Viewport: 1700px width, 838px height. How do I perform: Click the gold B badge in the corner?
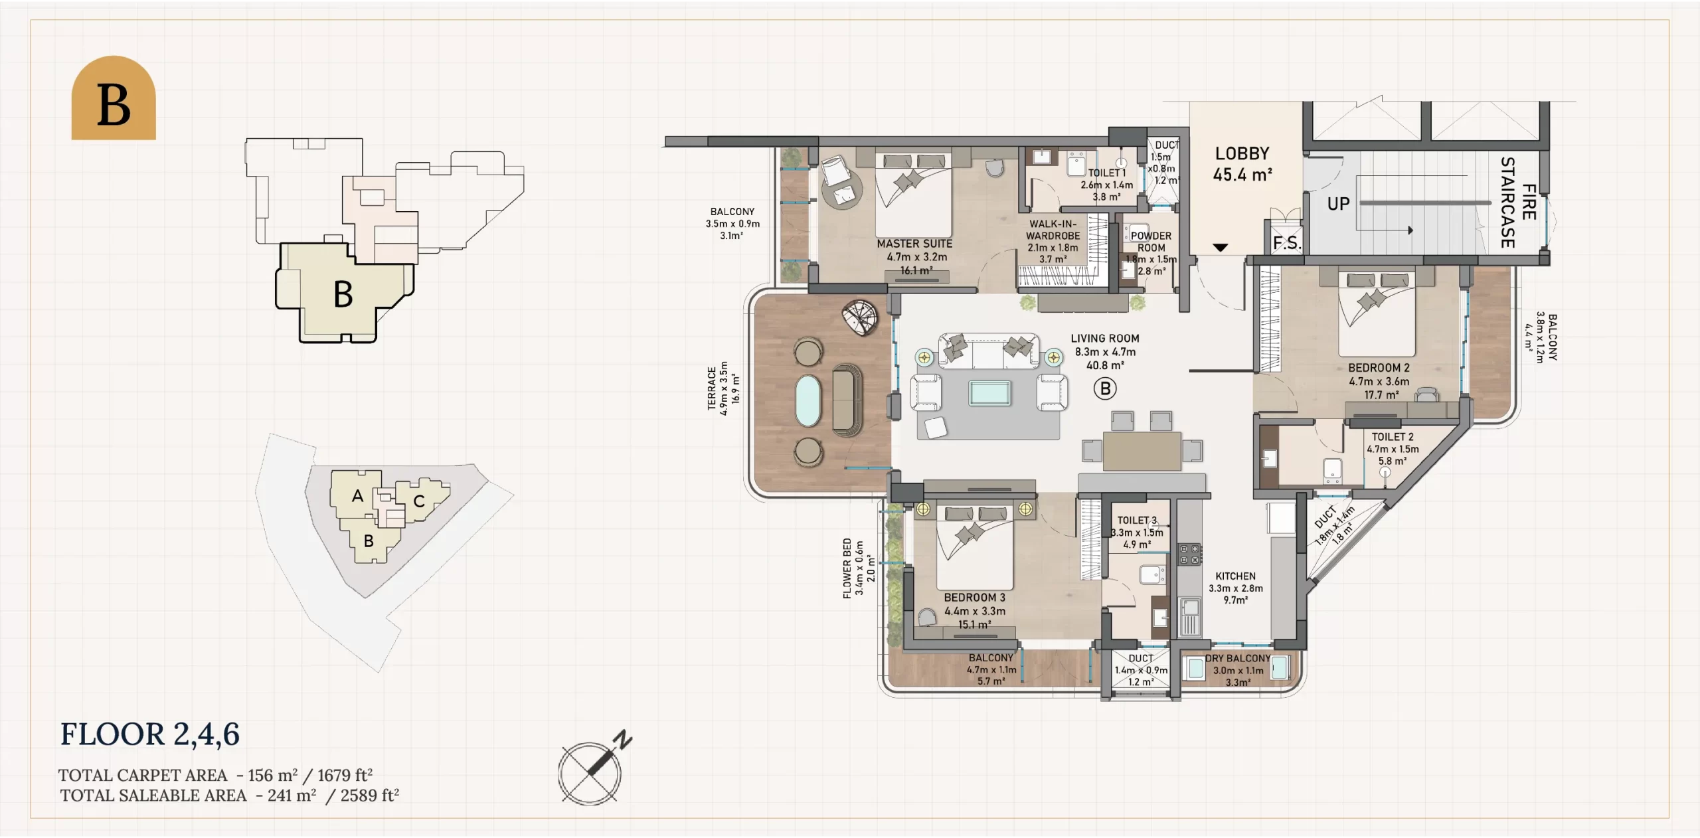114,98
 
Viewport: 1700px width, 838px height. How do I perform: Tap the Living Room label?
1105,339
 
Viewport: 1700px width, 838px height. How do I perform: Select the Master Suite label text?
914,244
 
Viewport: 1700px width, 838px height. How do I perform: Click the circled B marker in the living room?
1105,388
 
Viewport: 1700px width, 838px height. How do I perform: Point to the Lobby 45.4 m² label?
1242,164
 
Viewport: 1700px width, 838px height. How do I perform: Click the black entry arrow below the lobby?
1220,248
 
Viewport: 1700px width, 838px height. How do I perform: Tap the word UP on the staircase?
1338,204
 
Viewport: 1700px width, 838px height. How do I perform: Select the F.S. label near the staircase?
1287,243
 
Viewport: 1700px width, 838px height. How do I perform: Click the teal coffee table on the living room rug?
989,393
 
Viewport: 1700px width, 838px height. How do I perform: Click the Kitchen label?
1235,576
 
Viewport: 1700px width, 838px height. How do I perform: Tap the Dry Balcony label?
1238,658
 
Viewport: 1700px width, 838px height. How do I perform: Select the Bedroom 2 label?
1379,368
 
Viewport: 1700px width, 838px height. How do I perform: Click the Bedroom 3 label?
974,598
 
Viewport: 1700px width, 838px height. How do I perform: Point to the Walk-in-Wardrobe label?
1053,230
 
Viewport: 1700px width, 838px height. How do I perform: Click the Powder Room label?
1151,242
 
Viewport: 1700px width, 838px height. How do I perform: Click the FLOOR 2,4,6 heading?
150,735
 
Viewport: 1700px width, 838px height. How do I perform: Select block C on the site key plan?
419,501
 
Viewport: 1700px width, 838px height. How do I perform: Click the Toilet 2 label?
1393,437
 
